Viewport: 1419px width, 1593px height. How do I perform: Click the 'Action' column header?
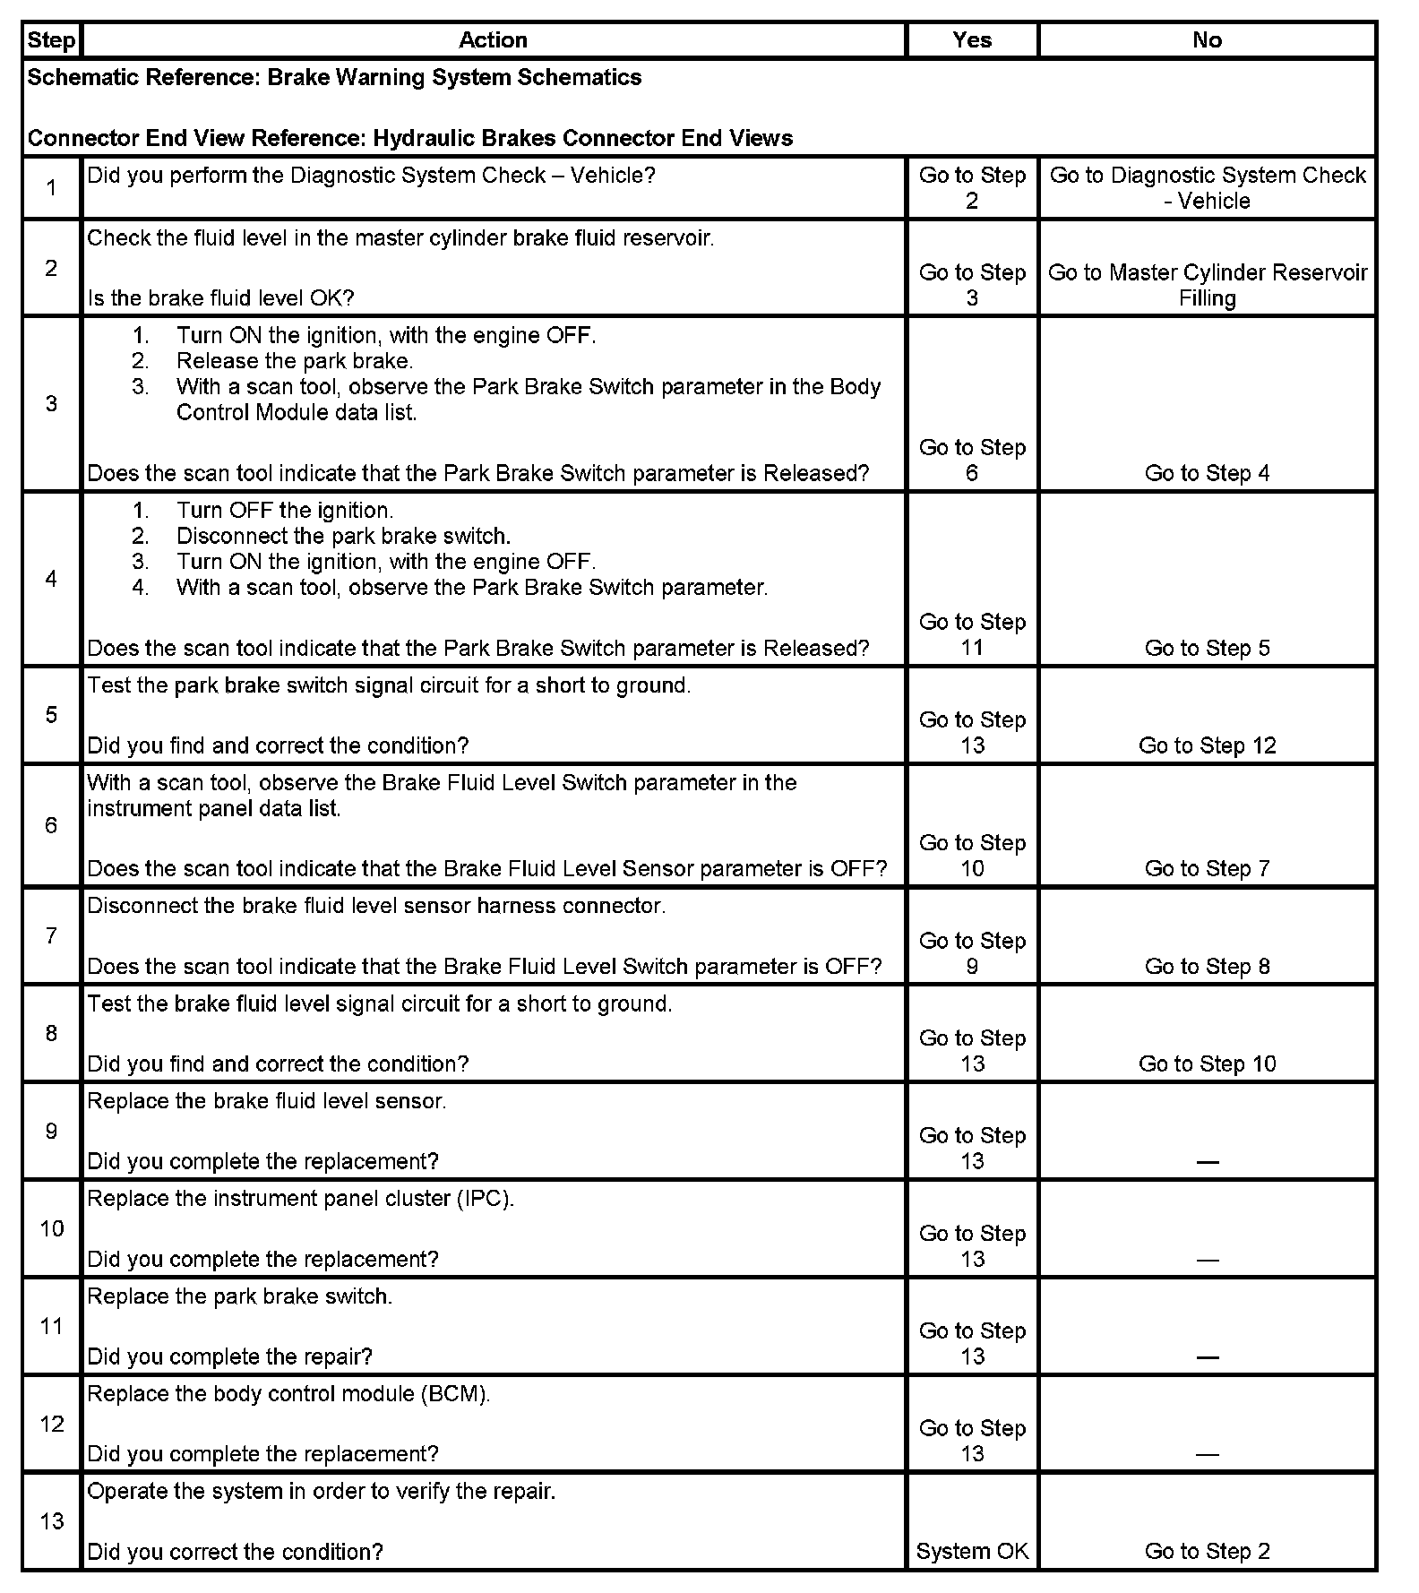tap(493, 40)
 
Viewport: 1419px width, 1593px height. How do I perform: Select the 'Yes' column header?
tap(972, 40)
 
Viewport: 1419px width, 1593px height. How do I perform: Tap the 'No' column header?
tap(1207, 40)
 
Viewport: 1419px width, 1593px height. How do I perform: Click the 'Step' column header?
tap(51, 40)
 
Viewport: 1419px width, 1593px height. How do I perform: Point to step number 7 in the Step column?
tap(51, 936)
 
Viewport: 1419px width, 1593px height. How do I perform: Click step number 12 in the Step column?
tap(52, 1424)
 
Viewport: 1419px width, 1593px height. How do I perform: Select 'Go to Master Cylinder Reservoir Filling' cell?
tap(1207, 285)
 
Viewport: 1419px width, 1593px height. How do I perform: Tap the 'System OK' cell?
tap(972, 1552)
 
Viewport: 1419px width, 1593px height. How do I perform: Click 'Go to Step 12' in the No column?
tap(1207, 745)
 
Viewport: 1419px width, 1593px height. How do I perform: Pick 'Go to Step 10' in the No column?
tap(1207, 1063)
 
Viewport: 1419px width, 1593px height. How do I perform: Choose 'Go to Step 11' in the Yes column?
tap(972, 634)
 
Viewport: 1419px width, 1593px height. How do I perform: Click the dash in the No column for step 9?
tap(1207, 1162)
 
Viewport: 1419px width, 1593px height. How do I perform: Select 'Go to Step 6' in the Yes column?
tap(972, 460)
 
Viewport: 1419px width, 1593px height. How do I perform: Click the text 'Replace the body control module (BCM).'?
tap(288, 1394)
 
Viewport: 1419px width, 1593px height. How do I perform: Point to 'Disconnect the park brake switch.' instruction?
tap(343, 536)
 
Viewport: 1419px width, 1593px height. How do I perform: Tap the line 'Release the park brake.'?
tap(295, 361)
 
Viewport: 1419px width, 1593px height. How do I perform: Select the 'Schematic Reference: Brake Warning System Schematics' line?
tap(334, 78)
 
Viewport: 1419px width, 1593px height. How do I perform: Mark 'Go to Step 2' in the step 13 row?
tap(1207, 1552)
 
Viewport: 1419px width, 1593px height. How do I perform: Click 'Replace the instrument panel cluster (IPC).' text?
tap(300, 1199)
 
